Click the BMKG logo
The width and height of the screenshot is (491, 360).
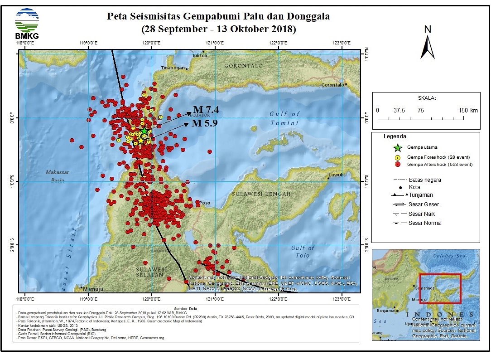point(27,23)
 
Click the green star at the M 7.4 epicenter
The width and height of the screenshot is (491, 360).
point(144,131)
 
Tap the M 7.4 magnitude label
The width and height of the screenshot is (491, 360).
point(206,110)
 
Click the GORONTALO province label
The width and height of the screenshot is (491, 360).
point(244,66)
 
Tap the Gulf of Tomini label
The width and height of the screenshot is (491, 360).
point(284,118)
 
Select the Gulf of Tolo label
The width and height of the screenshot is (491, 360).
point(303,252)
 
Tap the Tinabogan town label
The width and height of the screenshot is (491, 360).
point(173,68)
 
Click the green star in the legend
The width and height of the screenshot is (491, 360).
point(397,147)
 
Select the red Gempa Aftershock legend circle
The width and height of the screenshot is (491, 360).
point(397,164)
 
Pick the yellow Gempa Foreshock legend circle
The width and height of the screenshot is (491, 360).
point(397,157)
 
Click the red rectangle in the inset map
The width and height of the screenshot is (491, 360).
point(440,288)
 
